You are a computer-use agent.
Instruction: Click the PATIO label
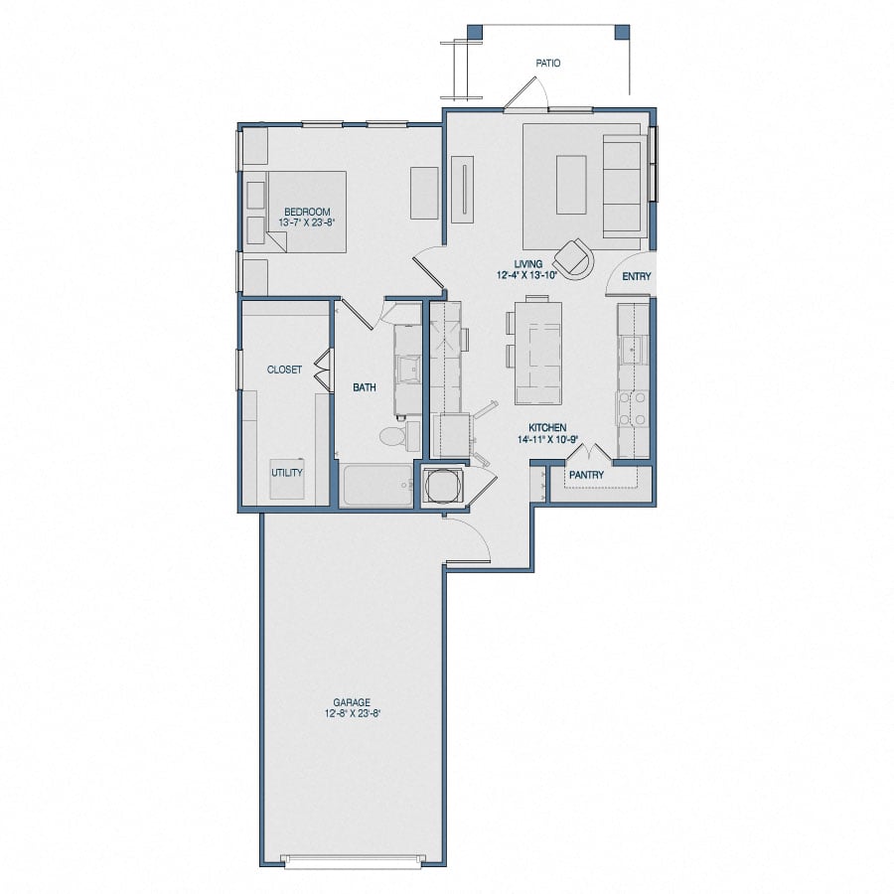548,63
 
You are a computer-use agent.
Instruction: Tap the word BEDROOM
307,212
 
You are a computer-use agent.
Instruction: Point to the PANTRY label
586,475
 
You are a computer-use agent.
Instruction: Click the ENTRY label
636,277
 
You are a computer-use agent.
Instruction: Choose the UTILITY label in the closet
287,473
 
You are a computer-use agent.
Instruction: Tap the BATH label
365,387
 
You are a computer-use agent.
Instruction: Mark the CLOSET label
284,370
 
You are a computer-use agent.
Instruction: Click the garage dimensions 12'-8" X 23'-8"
353,712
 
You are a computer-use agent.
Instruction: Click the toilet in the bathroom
391,435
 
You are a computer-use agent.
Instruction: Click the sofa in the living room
622,185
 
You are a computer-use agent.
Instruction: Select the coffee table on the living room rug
571,184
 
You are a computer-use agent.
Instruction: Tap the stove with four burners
633,407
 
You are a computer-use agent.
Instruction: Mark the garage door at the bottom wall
353,859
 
